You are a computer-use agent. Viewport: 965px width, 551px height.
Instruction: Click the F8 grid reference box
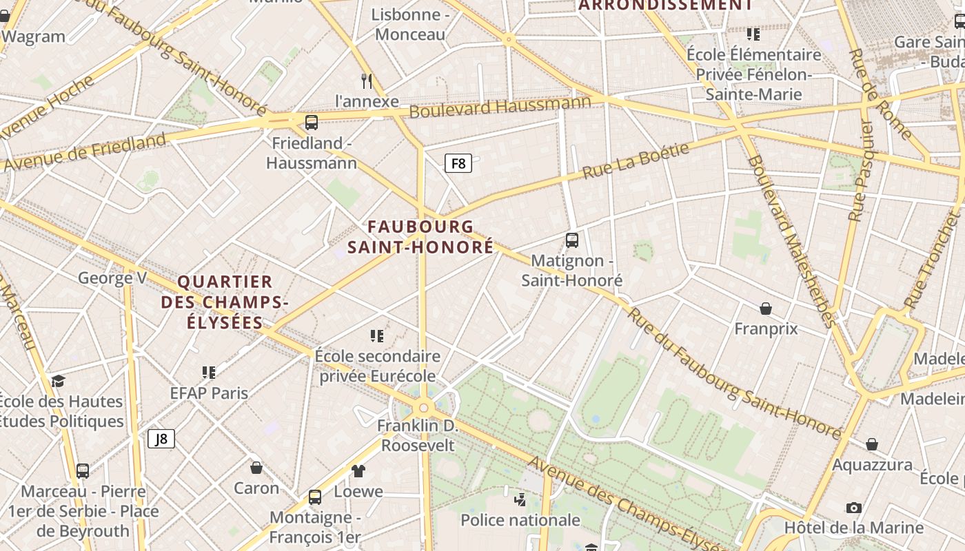[x=458, y=163]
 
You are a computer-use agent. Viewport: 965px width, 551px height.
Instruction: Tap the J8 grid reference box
[x=161, y=439]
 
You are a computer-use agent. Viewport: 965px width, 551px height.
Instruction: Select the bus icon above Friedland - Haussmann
[x=312, y=123]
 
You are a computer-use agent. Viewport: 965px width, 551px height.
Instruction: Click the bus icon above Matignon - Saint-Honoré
[x=572, y=240]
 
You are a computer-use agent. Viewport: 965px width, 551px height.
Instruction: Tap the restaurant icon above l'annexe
[x=367, y=81]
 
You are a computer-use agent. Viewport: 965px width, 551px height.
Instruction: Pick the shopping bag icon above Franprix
[x=766, y=308]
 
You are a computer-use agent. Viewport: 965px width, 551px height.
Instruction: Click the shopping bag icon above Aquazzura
[x=872, y=444]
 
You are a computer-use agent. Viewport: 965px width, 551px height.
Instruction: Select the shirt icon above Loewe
[x=358, y=471]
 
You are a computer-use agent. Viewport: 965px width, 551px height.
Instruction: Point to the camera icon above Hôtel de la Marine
[x=854, y=508]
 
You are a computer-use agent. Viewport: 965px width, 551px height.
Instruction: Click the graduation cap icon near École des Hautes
[x=59, y=381]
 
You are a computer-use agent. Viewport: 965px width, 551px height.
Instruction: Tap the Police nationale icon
[x=520, y=499]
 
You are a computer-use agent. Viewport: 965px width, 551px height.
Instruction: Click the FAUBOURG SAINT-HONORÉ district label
[x=420, y=236]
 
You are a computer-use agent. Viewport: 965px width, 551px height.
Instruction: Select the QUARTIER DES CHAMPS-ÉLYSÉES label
[x=225, y=302]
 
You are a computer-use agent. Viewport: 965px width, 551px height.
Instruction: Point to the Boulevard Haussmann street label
[x=500, y=107]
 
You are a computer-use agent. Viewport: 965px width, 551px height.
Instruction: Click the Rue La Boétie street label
[x=636, y=161]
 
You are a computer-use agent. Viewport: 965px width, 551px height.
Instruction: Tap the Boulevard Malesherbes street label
[x=791, y=241]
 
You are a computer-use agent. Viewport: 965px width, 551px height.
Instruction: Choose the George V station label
[x=112, y=278]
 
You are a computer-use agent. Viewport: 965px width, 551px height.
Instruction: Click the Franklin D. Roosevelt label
[x=418, y=435]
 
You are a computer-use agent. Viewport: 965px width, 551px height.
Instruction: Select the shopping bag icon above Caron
[x=256, y=468]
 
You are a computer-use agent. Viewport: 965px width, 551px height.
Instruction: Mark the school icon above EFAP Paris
[x=210, y=373]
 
